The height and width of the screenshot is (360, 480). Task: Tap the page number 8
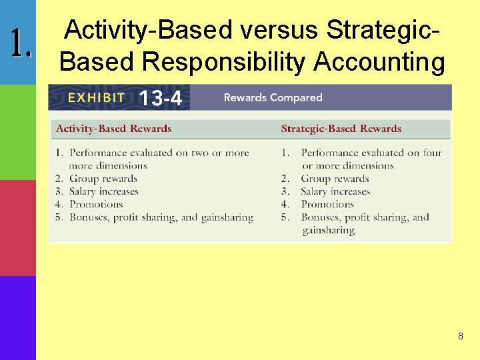(460, 337)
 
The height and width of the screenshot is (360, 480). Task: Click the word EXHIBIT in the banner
(96, 97)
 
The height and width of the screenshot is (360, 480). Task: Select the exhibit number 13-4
(160, 99)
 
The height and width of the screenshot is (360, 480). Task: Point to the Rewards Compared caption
(273, 97)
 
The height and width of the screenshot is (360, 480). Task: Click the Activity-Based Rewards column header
(113, 129)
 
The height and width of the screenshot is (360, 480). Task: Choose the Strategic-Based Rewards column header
(341, 129)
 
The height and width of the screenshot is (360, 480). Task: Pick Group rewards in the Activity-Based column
(103, 179)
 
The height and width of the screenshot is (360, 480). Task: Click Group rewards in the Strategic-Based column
(335, 179)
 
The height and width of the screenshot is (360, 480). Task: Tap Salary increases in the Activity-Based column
(104, 191)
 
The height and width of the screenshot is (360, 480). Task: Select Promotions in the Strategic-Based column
(327, 204)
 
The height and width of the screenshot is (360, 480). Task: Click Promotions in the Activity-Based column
(96, 204)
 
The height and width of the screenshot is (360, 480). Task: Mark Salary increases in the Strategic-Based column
(335, 191)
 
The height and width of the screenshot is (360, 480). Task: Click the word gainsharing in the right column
(328, 230)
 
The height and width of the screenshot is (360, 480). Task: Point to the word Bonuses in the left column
(89, 217)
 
